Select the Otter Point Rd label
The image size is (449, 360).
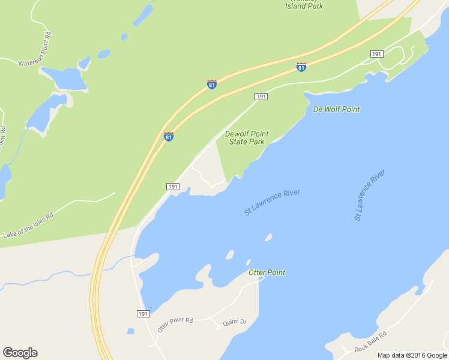point(175,325)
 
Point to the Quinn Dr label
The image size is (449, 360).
point(235,322)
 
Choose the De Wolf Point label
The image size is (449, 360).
point(336,109)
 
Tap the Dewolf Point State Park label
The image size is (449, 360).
point(247,137)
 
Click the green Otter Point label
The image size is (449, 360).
point(267,272)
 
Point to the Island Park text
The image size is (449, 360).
point(304,5)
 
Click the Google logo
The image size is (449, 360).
point(20,353)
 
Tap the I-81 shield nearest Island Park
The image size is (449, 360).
point(301,67)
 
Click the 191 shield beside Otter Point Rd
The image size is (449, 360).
point(143,314)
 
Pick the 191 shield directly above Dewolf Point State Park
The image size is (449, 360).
point(261,97)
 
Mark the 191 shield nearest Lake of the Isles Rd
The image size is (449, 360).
point(173,187)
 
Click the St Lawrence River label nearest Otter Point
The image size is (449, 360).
point(271,202)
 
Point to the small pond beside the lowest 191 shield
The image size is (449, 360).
point(130,331)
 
